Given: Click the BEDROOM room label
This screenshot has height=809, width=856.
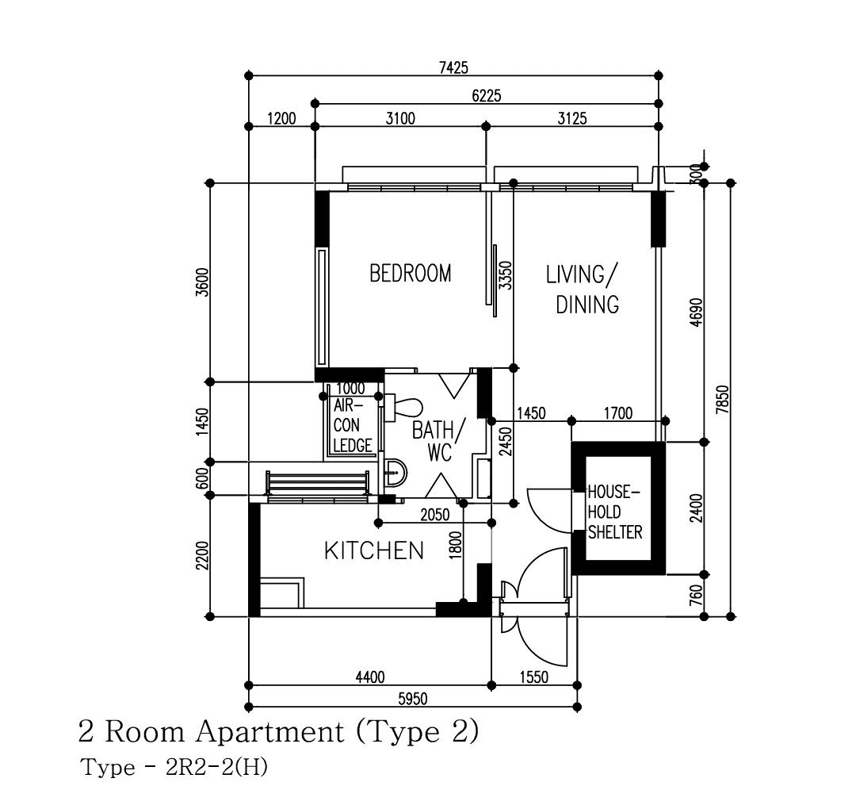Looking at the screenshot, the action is (411, 273).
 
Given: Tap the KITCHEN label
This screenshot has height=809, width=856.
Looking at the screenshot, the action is (374, 550).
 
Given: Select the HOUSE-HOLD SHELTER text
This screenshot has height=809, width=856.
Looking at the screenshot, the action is (615, 512).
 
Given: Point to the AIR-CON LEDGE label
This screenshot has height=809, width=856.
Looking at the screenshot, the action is (353, 426).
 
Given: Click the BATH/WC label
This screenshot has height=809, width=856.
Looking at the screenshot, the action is (438, 441).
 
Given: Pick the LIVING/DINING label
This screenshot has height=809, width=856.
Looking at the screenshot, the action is (583, 289).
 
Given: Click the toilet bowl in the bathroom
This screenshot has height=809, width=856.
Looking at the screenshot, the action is (404, 408).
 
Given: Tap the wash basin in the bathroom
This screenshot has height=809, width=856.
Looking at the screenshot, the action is (395, 472).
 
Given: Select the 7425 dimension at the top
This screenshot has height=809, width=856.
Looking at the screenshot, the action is (453, 67).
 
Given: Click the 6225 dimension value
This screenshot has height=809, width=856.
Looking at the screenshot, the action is (487, 96).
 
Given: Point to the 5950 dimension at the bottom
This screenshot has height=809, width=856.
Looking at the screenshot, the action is (413, 699).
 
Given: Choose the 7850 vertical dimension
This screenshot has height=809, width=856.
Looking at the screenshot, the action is (722, 399).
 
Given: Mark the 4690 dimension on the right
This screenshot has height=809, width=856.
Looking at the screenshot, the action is (696, 312).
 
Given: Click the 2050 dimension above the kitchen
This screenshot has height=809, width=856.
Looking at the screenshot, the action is (435, 515).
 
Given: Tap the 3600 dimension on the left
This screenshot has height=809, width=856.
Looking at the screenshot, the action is (202, 282).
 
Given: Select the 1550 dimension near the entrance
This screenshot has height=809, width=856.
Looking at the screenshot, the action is (534, 677).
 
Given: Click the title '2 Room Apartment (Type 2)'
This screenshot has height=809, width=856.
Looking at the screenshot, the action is (278, 731).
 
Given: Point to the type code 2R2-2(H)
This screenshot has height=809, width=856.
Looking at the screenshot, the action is (216, 768).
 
